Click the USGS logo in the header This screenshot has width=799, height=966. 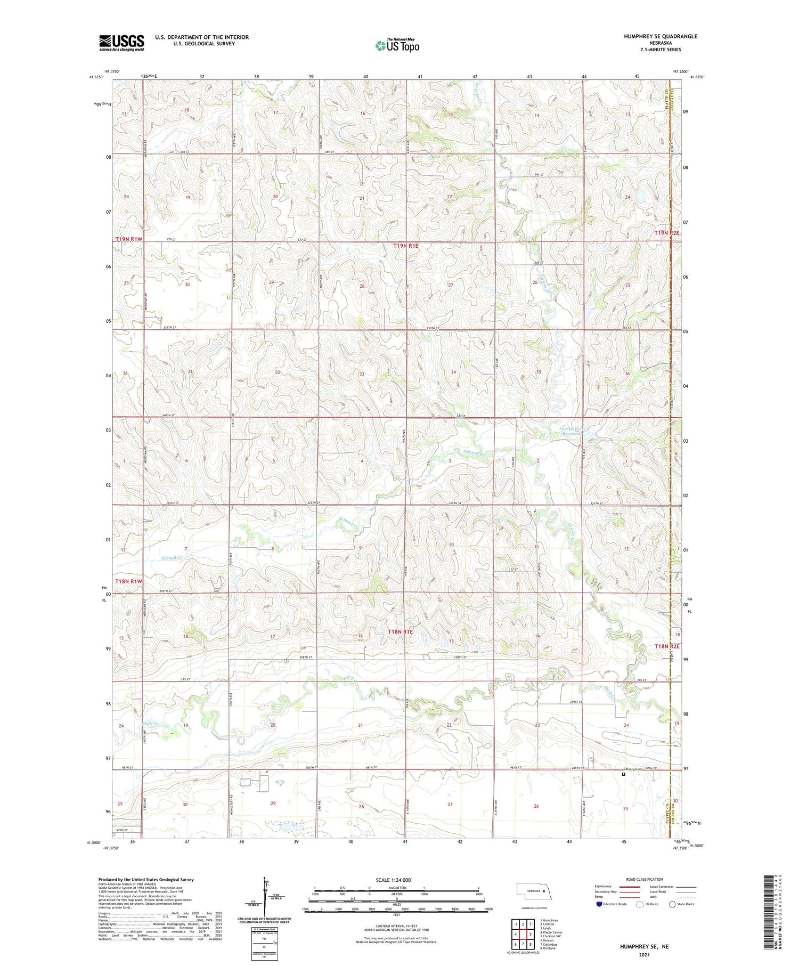(x=121, y=43)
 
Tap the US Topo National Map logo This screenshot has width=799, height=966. (x=397, y=45)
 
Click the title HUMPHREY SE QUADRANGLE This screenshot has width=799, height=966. (x=653, y=36)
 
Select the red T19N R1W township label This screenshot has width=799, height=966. (x=129, y=239)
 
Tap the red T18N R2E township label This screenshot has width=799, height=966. (x=667, y=646)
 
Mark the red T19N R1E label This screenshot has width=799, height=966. (x=406, y=246)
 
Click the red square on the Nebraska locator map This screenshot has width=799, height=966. (x=544, y=890)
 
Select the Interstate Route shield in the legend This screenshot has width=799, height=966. (x=599, y=904)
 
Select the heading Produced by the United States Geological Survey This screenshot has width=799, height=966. (x=145, y=880)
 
